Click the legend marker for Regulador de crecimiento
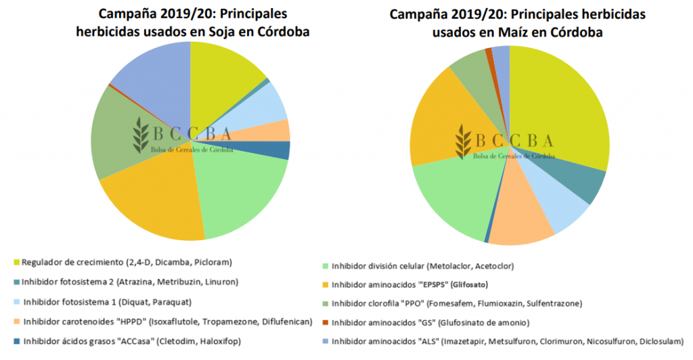click(x=16, y=262)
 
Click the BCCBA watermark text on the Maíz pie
click(x=514, y=140)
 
